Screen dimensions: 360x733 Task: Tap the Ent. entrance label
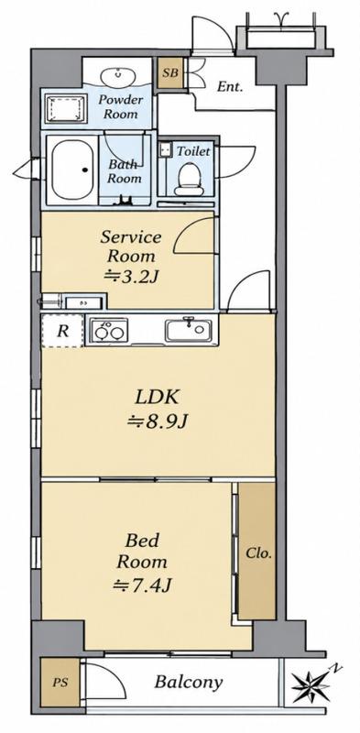coord(230,86)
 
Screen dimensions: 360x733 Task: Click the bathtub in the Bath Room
coord(72,170)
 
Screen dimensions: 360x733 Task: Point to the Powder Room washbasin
coord(117,76)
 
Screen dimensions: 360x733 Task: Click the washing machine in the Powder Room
coord(66,109)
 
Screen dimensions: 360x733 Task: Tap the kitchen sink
coord(187,330)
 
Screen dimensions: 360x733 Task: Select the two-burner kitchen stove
coord(109,330)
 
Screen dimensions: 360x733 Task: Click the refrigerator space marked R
coord(62,331)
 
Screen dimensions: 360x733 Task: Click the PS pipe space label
coord(60,682)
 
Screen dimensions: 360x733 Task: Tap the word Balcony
coord(189,682)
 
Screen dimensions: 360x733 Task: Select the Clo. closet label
coord(258,553)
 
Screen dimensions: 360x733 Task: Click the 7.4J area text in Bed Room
coord(142,585)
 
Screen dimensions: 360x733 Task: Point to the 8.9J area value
coord(158,422)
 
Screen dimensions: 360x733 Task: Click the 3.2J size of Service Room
coord(131,277)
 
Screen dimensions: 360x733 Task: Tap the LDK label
coord(157,399)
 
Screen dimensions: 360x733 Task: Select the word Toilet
coord(193,151)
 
